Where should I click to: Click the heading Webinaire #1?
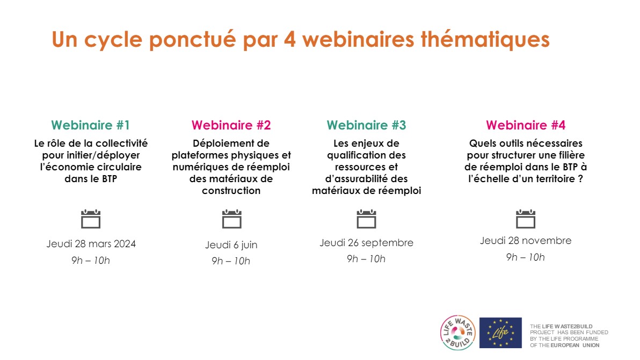click(90, 125)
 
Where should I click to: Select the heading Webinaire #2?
click(231, 125)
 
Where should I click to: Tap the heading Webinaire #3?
click(366, 125)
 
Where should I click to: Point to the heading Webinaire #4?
click(525, 125)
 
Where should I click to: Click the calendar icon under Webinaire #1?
click(91, 219)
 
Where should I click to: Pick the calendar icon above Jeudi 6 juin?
click(232, 219)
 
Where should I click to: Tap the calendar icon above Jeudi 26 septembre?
click(366, 219)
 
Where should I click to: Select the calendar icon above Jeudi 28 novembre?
click(525, 219)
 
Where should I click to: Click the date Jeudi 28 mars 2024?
click(91, 244)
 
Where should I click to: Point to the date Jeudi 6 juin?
click(231, 245)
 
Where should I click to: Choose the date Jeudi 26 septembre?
click(366, 243)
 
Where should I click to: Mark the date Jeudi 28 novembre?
click(525, 241)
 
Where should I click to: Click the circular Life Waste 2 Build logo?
click(458, 333)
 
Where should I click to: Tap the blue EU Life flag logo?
click(500, 333)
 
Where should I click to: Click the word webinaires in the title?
click(358, 40)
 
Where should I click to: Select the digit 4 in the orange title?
click(289, 40)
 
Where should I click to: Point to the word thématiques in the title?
click(485, 40)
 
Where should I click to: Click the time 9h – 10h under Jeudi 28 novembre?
click(525, 257)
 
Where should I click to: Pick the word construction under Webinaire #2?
click(231, 190)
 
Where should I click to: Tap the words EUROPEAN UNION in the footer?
click(575, 345)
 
